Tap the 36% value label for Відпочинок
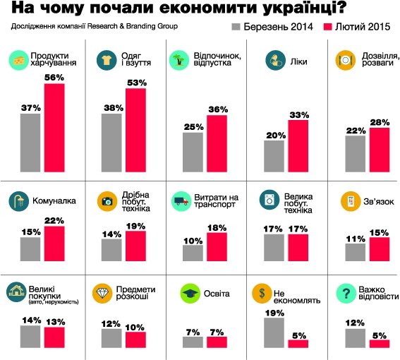click(x=217, y=109)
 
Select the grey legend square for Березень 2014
click(x=236, y=28)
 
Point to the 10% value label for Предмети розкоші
click(x=135, y=327)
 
